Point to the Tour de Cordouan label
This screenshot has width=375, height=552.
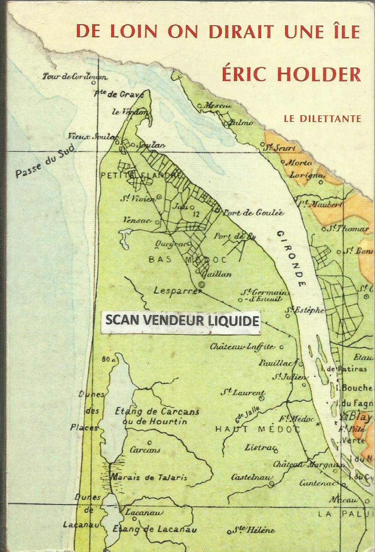[x=75, y=77]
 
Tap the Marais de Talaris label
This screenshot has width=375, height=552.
[x=149, y=477]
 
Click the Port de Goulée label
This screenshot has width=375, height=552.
[x=254, y=213]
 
